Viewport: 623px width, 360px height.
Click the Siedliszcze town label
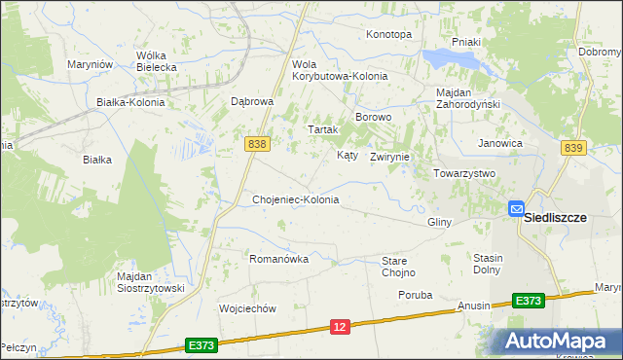click(x=555, y=218)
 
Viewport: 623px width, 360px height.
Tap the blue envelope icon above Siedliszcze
click(x=516, y=207)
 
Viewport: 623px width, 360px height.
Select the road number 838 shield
click(x=257, y=144)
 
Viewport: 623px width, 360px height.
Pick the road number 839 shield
click(x=573, y=147)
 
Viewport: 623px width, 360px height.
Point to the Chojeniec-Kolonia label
click(x=295, y=199)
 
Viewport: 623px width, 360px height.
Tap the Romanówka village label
click(x=278, y=259)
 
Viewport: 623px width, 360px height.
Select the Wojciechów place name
click(x=249, y=308)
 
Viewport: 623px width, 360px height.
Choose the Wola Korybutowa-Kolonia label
click(x=340, y=70)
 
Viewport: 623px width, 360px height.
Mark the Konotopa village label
click(x=388, y=34)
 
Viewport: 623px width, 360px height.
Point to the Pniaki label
click(x=466, y=43)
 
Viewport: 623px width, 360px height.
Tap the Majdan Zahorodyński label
click(x=467, y=98)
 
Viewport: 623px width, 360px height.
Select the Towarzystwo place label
click(x=464, y=173)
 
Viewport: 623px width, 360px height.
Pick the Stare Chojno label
click(x=398, y=267)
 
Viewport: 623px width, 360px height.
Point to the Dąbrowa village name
click(x=252, y=101)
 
